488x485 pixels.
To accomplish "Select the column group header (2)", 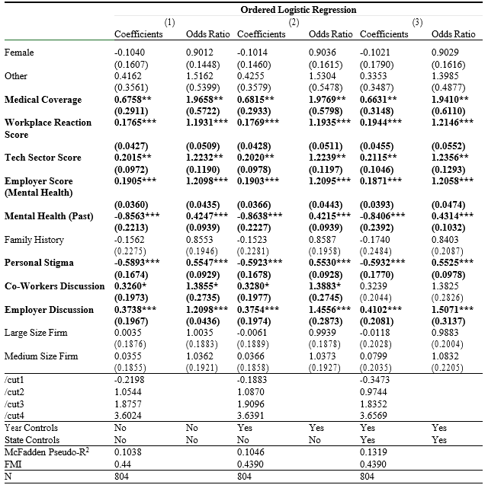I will point(293,22).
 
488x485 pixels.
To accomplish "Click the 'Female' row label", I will point(18,53).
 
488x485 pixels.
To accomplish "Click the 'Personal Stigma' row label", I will point(37,263).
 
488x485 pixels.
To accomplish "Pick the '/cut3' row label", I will point(16,404).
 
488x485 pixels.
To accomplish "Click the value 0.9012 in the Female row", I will point(201,53).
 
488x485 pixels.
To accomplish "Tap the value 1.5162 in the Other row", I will point(201,76).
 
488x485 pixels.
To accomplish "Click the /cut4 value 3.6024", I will point(129,415).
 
